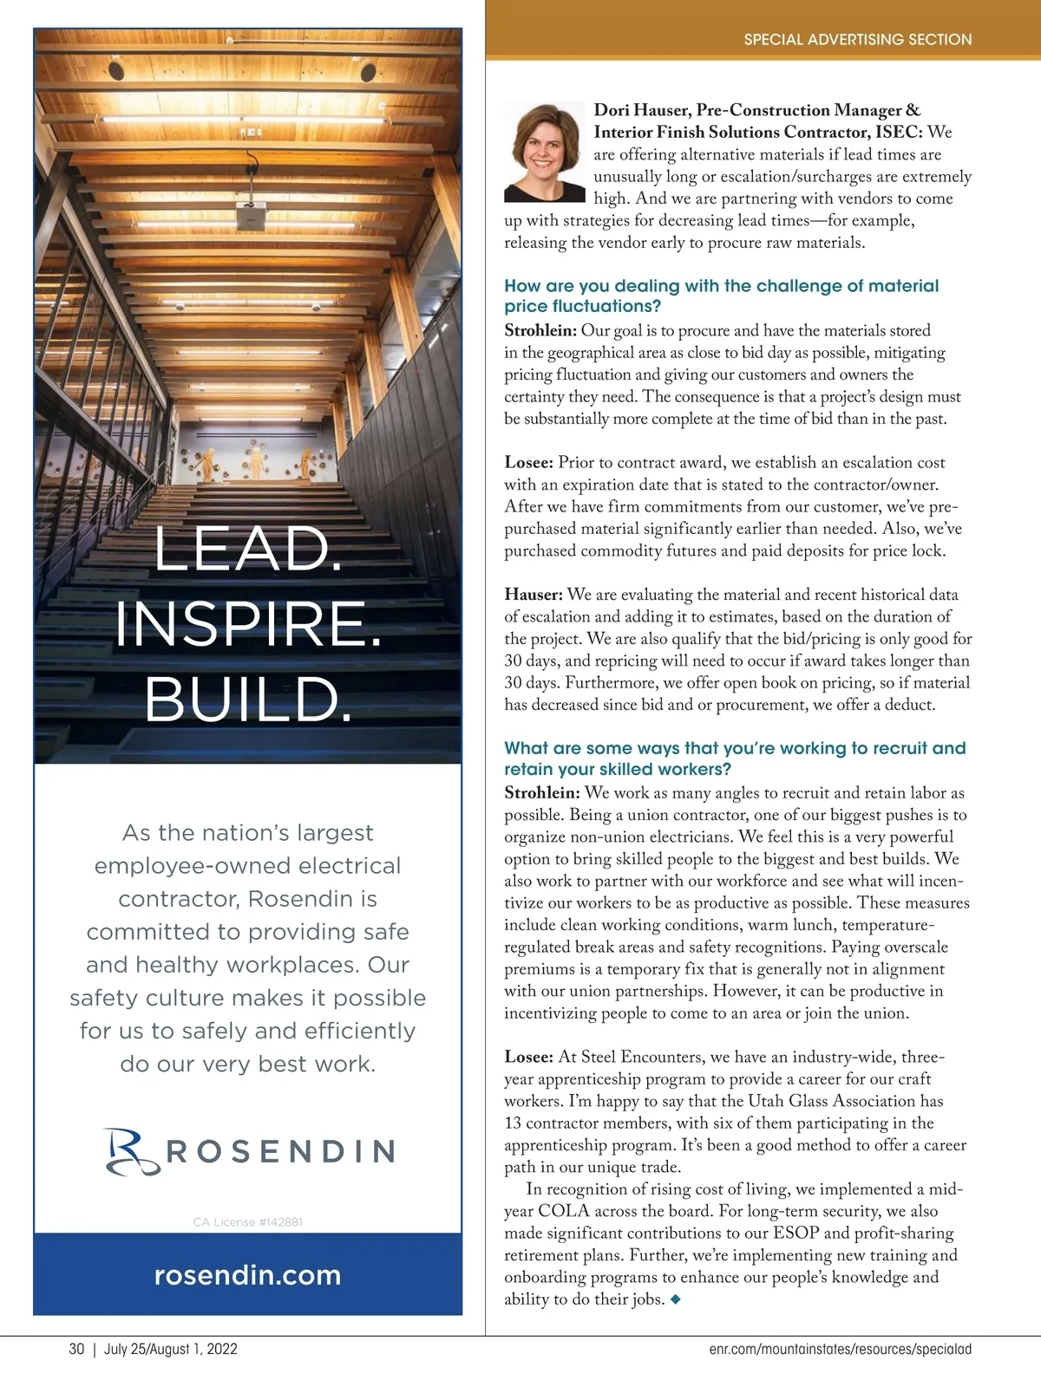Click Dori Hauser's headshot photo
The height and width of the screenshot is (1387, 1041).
(x=546, y=153)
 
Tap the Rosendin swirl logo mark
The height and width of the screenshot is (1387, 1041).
(x=131, y=1151)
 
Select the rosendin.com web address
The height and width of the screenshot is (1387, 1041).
(x=247, y=1275)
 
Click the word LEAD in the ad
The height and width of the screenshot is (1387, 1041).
(x=247, y=550)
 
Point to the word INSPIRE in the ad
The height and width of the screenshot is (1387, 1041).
(x=247, y=624)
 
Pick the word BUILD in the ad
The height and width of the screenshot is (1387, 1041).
(x=247, y=700)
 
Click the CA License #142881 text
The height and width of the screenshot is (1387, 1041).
(x=247, y=1222)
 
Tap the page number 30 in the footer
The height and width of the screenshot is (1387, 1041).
(x=76, y=1349)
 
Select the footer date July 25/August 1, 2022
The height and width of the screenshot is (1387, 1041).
(x=171, y=1349)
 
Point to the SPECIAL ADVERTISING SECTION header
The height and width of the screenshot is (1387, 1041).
(x=857, y=39)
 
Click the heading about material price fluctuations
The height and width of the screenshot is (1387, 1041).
(x=721, y=296)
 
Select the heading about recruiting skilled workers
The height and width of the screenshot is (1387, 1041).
(x=734, y=759)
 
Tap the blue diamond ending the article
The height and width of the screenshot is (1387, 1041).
(x=676, y=1299)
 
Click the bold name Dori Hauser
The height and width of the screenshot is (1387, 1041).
(x=642, y=110)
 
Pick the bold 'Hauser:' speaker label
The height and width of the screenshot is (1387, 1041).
(x=534, y=595)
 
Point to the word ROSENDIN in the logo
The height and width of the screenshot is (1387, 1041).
(x=279, y=1151)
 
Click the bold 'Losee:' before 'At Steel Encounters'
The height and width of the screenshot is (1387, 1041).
(x=528, y=1057)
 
